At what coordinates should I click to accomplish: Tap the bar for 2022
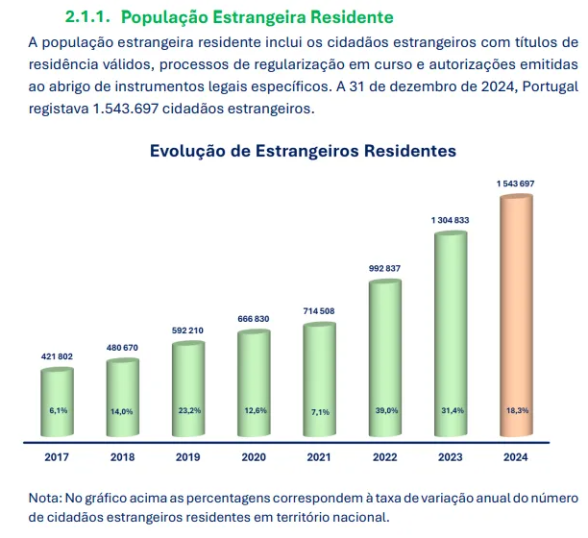pyautogui.click(x=384, y=360)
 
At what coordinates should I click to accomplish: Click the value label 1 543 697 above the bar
pyautogui.click(x=516, y=183)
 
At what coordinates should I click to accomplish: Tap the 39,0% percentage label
pyautogui.click(x=384, y=410)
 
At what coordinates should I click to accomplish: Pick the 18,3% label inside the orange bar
pyautogui.click(x=516, y=410)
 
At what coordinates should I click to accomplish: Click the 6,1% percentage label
pyautogui.click(x=59, y=410)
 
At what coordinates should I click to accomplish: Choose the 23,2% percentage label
pyautogui.click(x=188, y=410)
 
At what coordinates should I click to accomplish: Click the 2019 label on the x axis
pyautogui.click(x=188, y=457)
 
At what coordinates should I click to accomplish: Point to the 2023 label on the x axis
pyautogui.click(x=450, y=457)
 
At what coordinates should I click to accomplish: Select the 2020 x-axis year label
pyautogui.click(x=254, y=457)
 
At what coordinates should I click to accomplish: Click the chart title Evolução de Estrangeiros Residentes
pyautogui.click(x=303, y=151)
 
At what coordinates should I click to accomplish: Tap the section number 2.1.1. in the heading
pyautogui.click(x=90, y=18)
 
